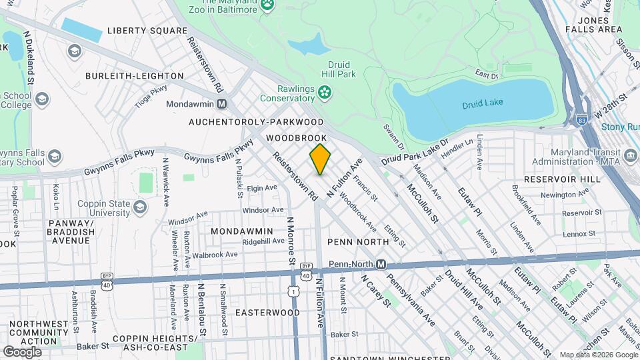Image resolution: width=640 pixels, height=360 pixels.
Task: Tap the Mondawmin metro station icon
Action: point(222,104)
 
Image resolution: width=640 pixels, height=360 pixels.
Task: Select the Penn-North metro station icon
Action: point(381,264)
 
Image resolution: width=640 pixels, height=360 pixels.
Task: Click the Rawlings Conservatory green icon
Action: point(325,92)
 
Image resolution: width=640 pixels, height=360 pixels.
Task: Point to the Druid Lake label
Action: point(482,104)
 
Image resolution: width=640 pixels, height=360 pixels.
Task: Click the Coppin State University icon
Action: point(139,207)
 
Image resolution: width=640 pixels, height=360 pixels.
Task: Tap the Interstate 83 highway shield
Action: point(582,121)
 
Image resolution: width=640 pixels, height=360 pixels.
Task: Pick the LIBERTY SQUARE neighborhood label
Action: point(147,31)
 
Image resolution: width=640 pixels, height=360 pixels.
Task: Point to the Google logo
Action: point(22,351)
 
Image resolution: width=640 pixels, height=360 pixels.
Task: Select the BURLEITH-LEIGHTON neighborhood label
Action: point(134,76)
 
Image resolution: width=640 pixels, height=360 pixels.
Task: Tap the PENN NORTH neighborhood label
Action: point(358,241)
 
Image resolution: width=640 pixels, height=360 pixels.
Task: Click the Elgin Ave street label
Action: point(261,188)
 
